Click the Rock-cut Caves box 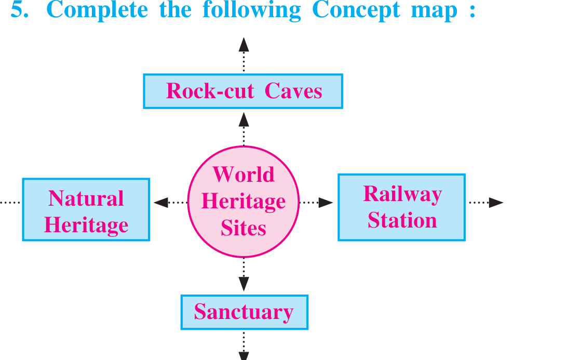(243, 91)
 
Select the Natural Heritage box (86, 209)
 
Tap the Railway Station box (401, 207)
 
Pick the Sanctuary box (245, 312)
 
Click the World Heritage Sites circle (244, 202)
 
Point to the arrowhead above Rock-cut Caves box (244, 45)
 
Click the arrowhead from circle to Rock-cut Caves (244, 119)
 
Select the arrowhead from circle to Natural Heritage (161, 203)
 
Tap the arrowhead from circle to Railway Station (326, 203)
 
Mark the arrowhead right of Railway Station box (496, 203)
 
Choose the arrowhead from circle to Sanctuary (244, 284)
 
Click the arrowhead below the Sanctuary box (244, 356)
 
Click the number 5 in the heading (19, 9)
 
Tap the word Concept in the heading (356, 10)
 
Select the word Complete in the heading (97, 10)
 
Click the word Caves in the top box (293, 91)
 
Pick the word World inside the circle (244, 175)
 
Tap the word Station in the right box (402, 220)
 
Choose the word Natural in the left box (86, 198)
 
